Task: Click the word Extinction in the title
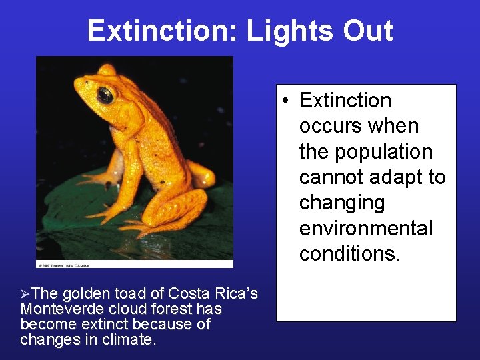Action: [x=161, y=31]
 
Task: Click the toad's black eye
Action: [x=105, y=95]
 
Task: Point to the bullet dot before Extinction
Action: [x=285, y=101]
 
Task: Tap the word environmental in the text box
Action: [x=366, y=229]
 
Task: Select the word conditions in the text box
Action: [x=349, y=254]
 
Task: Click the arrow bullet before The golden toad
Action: [x=25, y=293]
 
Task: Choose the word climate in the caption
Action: [x=132, y=340]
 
